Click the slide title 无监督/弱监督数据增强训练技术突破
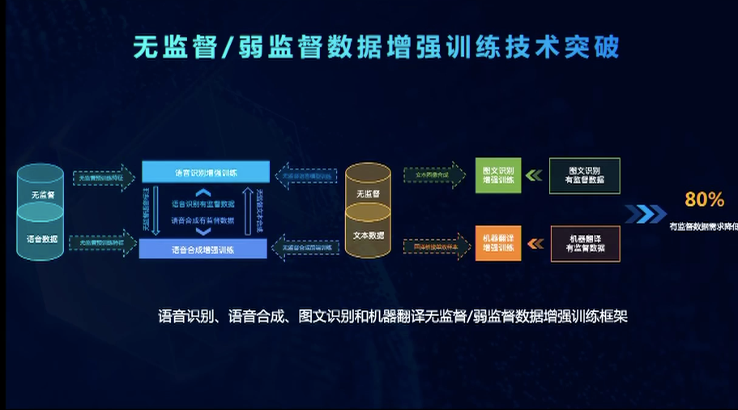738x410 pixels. [x=377, y=46]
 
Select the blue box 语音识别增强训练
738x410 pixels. [x=205, y=172]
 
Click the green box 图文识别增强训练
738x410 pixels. [x=498, y=175]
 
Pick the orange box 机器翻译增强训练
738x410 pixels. [x=498, y=244]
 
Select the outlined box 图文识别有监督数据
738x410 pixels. [x=584, y=176]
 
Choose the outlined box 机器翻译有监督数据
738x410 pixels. [x=585, y=244]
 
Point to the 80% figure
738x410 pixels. [x=704, y=200]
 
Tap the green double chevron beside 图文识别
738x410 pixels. [x=534, y=175]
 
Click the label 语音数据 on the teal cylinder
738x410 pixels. [x=41, y=238]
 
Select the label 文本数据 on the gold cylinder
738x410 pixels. [x=368, y=235]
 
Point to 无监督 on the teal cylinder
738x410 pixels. [x=42, y=195]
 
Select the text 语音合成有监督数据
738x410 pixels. [x=203, y=220]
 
